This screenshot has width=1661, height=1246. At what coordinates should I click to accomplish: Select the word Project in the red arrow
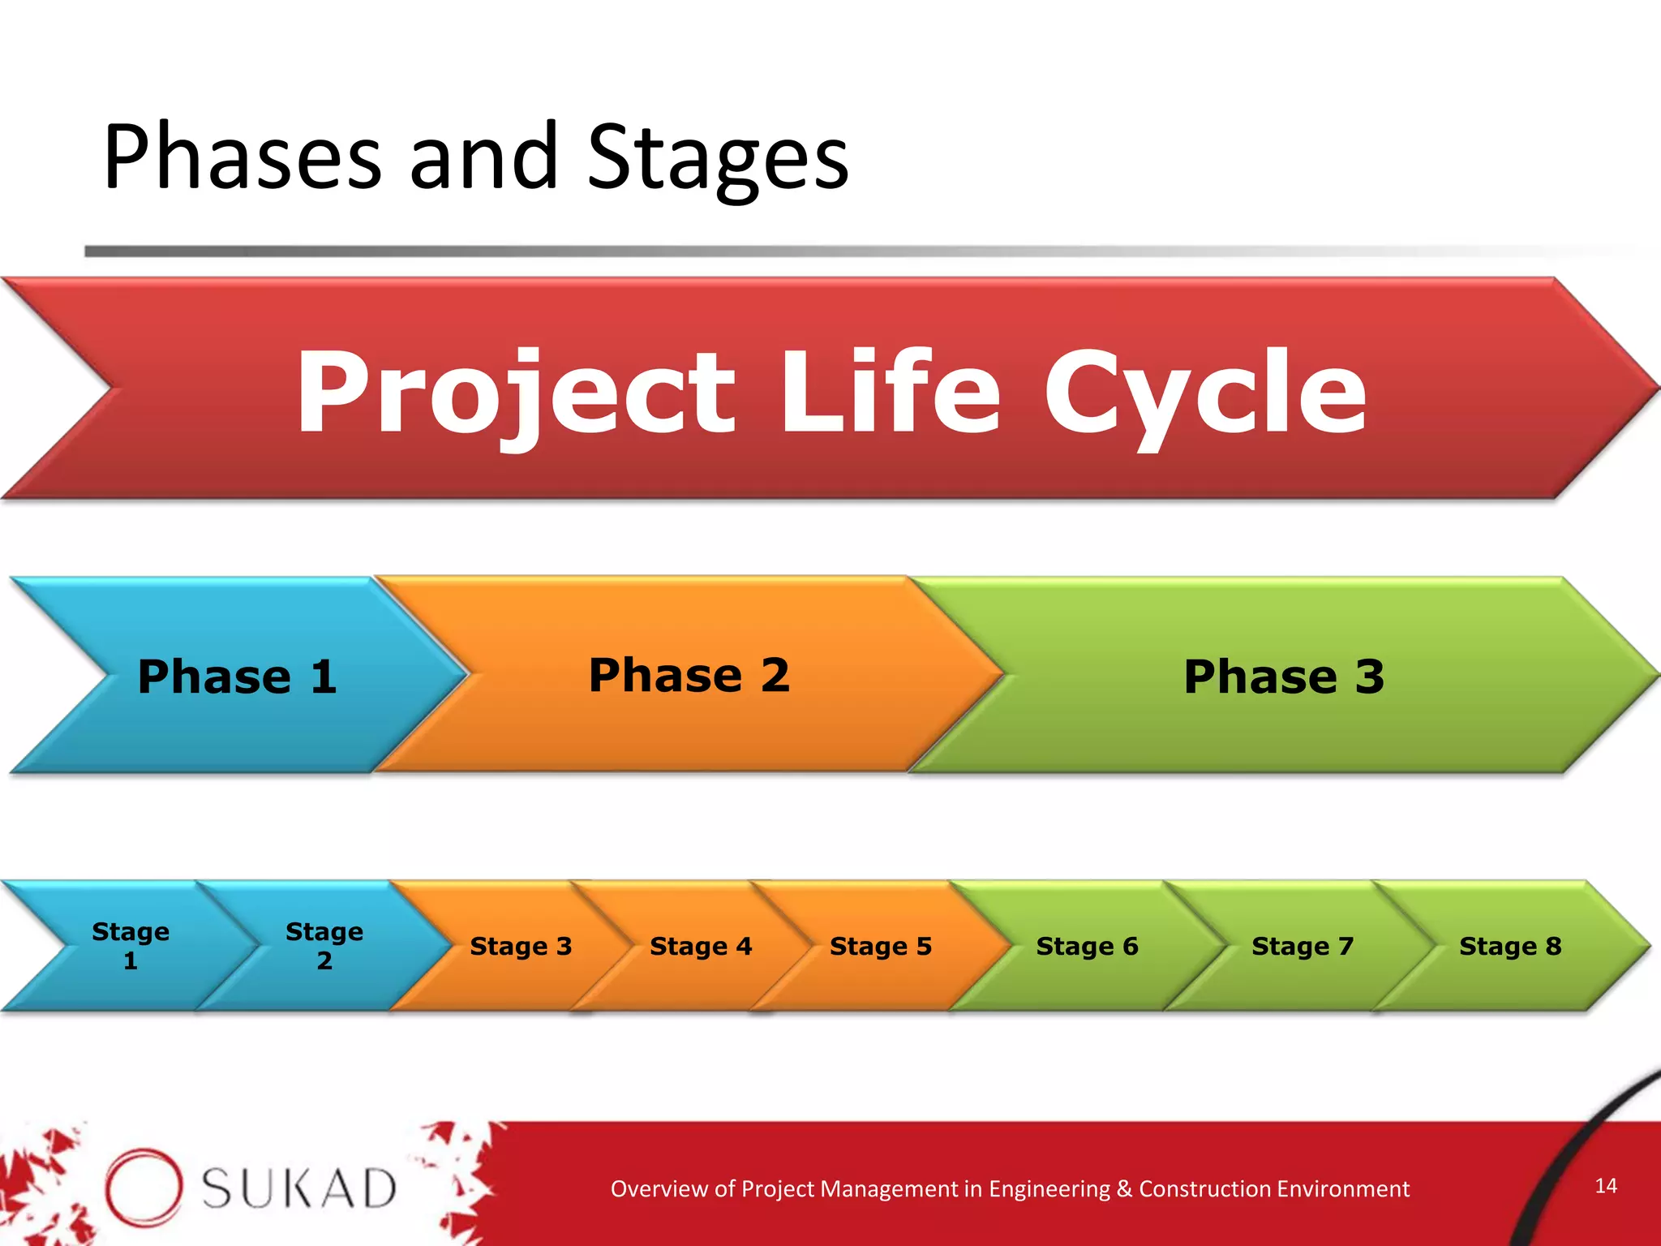(x=516, y=393)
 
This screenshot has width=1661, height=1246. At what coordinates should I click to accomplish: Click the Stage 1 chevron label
(x=131, y=946)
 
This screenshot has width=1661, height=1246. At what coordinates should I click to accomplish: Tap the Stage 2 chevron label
(x=324, y=946)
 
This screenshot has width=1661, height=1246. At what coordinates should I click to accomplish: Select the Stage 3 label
(x=521, y=946)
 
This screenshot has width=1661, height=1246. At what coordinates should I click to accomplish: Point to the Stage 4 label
(x=701, y=946)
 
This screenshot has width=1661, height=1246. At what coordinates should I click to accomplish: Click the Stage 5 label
(x=881, y=946)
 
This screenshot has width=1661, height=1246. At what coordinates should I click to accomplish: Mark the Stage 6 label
(x=1087, y=946)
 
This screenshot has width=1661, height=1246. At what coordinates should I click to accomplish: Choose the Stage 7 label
(x=1303, y=946)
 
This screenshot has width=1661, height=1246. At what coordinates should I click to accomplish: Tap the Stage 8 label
(x=1510, y=946)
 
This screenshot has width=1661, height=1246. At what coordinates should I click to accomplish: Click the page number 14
(x=1606, y=1186)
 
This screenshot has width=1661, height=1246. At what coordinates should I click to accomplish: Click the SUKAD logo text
(x=298, y=1189)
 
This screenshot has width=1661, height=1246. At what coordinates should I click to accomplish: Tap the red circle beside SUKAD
(x=143, y=1187)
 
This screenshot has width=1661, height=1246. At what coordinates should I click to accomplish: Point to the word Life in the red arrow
(x=890, y=393)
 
